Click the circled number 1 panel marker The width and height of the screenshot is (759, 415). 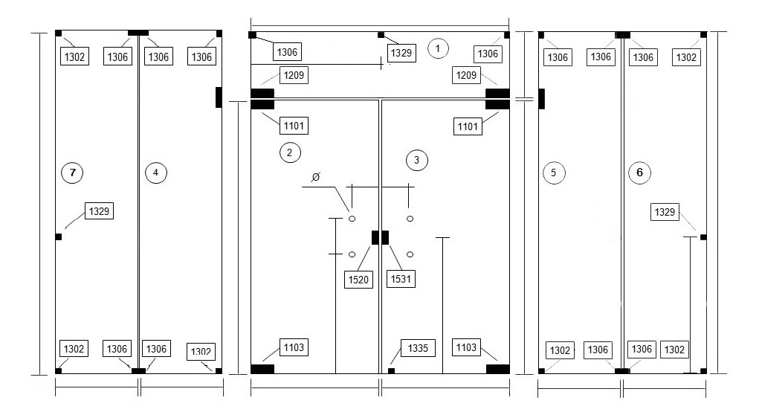[438, 48]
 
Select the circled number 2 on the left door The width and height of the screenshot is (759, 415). [290, 152]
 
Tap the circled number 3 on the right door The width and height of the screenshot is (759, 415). [417, 161]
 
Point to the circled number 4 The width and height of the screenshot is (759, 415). [156, 173]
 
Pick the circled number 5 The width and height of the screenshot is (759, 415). [554, 173]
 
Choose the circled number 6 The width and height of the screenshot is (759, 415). [639, 173]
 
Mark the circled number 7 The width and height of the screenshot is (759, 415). [73, 173]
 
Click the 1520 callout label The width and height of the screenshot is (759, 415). [359, 280]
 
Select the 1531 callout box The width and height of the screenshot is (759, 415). [401, 279]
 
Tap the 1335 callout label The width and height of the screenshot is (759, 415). [418, 347]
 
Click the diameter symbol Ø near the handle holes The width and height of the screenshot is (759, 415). [316, 177]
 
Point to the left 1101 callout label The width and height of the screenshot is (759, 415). [294, 126]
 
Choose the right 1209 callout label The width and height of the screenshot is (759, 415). [466, 75]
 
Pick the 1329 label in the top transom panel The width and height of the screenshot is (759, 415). [401, 52]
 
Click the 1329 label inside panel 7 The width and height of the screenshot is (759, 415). [99, 211]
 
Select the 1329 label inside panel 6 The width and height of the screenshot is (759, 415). [665, 212]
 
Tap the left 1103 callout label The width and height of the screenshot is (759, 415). [294, 347]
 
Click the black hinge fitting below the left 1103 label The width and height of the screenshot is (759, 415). [262, 369]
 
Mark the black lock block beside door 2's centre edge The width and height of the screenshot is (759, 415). [375, 237]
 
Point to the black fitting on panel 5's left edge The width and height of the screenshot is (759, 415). [542, 99]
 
